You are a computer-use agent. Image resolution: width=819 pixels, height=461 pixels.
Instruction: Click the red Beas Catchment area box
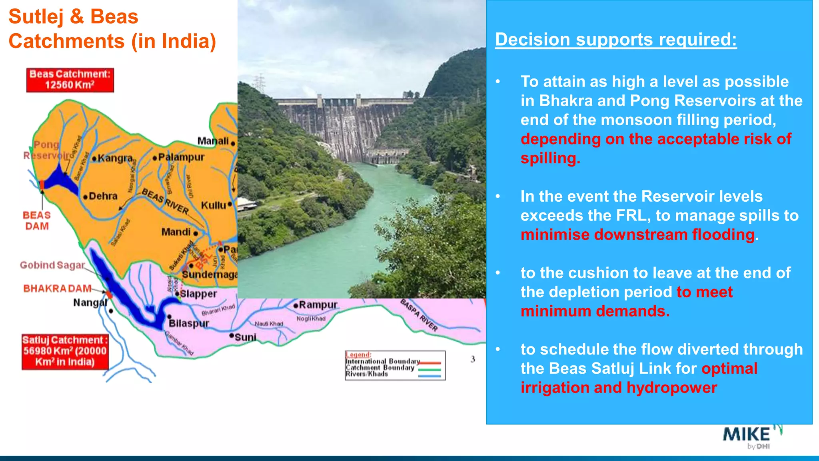(70, 80)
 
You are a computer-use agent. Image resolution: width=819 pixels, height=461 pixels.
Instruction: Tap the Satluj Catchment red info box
(65, 351)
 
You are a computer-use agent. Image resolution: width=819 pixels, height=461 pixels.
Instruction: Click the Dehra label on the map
(103, 196)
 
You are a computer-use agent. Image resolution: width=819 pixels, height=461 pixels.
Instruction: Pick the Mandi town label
(176, 232)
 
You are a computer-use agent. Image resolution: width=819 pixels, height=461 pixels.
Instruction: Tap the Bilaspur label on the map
(189, 323)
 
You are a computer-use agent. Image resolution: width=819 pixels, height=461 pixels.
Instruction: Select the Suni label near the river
(245, 337)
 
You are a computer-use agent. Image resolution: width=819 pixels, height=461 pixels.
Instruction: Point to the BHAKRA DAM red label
(57, 289)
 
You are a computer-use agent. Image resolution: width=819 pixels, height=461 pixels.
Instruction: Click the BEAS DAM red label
(37, 221)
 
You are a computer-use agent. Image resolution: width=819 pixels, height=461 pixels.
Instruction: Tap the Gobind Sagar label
(52, 265)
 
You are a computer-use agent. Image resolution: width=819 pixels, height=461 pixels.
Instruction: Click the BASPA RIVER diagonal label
(419, 315)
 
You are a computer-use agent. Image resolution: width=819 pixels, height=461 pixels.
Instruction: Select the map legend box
(395, 365)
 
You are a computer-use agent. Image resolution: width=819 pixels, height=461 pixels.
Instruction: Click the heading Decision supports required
(616, 40)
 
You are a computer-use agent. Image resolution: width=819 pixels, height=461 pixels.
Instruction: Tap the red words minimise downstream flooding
(638, 235)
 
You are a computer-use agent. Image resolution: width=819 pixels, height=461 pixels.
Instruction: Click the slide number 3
(473, 359)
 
